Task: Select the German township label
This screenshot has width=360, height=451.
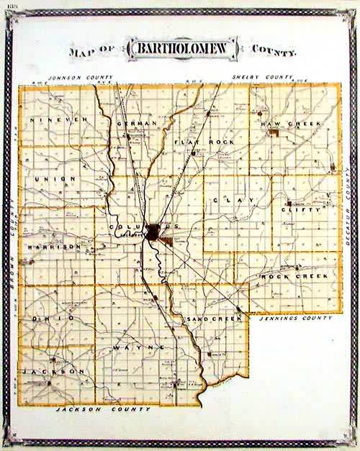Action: tap(136, 124)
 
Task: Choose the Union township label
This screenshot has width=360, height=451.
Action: tap(54, 178)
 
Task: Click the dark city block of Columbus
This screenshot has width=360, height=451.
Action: tap(154, 232)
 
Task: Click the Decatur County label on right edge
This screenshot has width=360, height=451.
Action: tap(347, 209)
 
